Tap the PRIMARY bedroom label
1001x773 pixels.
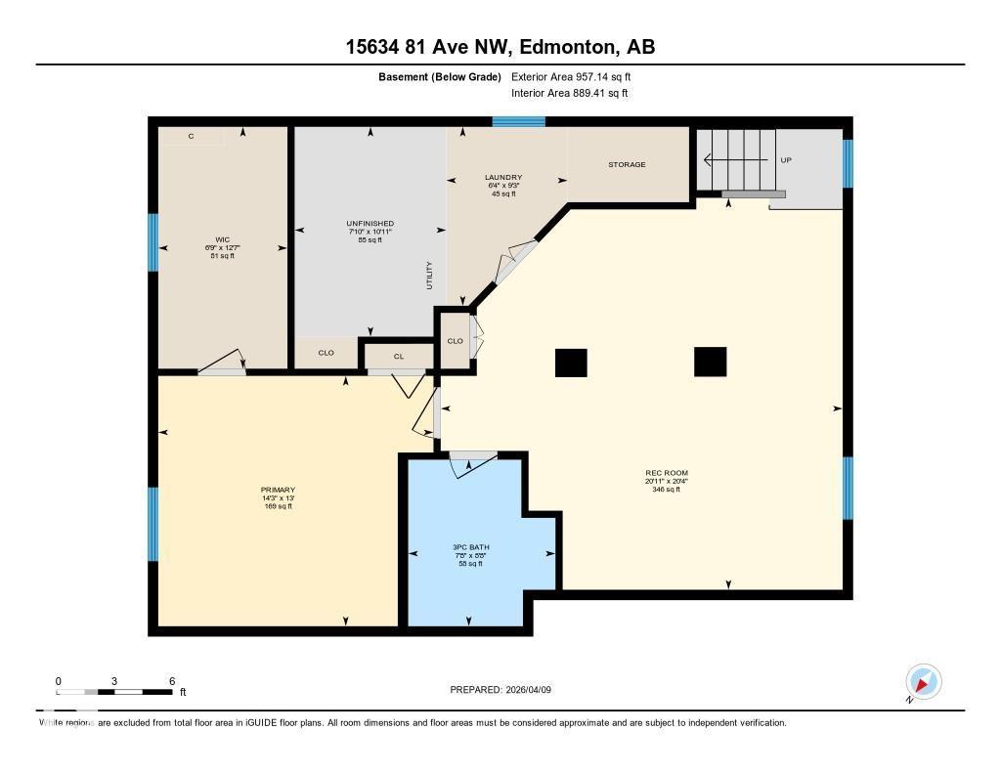pos(278,490)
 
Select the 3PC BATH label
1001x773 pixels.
pos(470,546)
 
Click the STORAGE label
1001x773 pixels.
pos(627,164)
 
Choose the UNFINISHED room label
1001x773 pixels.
pos(370,224)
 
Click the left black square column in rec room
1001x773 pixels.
pos(571,363)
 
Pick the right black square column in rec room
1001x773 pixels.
pos(711,362)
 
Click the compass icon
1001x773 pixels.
pos(923,682)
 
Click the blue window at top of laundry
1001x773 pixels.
pos(518,122)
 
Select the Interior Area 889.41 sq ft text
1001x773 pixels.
pos(570,94)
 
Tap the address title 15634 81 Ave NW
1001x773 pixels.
pos(500,46)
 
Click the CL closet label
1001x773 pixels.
pos(399,357)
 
